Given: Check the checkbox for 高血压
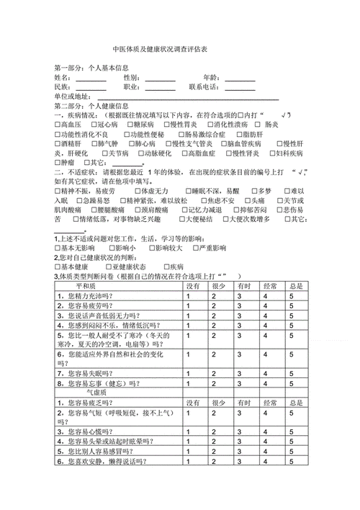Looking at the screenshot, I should tap(58, 125).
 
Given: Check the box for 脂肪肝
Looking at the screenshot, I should tap(239, 134).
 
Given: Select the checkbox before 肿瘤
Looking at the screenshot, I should tap(58, 163).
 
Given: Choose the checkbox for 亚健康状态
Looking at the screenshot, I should tap(105, 267).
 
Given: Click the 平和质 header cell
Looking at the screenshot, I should tap(116, 286).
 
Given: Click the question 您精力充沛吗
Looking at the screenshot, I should tap(86, 295).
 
